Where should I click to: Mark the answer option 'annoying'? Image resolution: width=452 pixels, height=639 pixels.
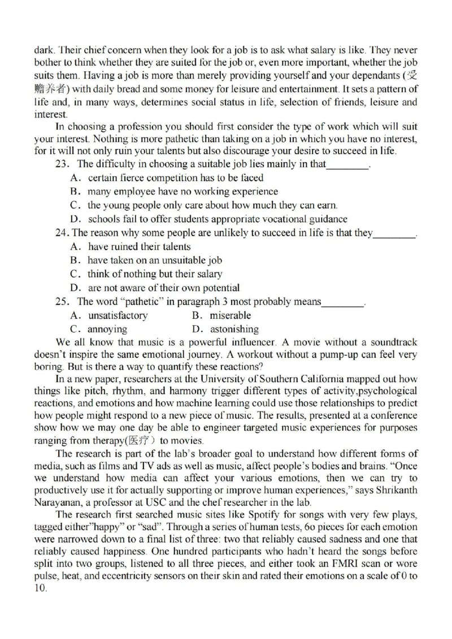point(107,329)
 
